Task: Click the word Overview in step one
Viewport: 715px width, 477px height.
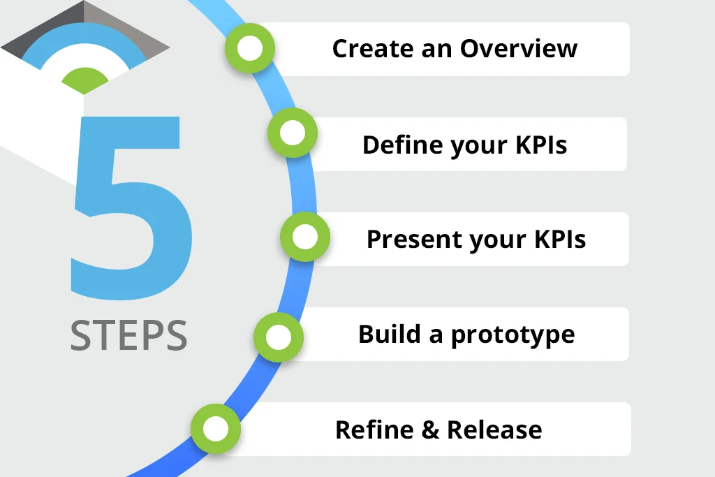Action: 519,48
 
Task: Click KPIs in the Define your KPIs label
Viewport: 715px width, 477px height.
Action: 541,145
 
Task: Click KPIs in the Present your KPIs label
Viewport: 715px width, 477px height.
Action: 560,239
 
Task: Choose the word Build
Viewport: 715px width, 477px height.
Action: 390,334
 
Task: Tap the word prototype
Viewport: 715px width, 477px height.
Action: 513,336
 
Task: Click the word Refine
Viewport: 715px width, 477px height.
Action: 374,429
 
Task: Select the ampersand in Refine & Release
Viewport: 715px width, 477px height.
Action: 429,430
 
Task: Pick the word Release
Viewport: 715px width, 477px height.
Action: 494,430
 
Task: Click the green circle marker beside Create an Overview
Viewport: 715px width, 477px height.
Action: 250,48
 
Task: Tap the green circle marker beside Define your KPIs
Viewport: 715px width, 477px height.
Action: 293,133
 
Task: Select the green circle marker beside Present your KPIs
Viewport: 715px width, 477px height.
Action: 305,237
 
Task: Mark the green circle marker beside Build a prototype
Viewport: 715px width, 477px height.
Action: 279,337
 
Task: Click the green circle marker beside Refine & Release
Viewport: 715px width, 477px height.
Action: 216,429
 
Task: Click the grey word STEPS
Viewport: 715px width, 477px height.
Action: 128,335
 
